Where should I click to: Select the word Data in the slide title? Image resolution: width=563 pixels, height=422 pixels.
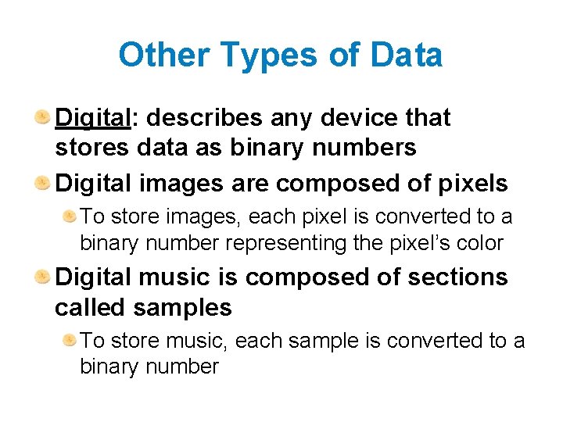pos(406,55)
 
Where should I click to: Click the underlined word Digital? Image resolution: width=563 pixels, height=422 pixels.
pos(92,118)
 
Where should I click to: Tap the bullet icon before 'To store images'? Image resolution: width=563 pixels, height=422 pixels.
pos(70,215)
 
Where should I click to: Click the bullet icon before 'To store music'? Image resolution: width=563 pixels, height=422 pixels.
pos(70,340)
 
